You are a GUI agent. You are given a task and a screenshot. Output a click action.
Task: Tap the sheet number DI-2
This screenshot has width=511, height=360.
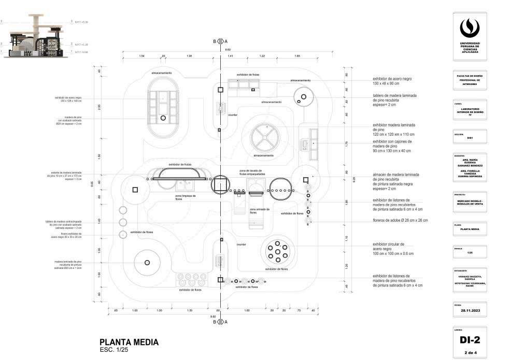[x=469, y=340]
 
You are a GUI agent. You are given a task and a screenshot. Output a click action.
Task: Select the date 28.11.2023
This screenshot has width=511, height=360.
[x=469, y=310]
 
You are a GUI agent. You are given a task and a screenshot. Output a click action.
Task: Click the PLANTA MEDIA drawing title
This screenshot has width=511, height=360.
[x=129, y=342]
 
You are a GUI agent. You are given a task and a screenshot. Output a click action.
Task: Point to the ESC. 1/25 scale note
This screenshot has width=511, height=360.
[x=114, y=350]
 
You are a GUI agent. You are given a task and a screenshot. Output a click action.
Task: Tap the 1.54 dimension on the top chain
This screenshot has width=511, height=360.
[x=141, y=55]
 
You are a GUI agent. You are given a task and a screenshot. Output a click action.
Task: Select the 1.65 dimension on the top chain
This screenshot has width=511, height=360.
[x=297, y=55]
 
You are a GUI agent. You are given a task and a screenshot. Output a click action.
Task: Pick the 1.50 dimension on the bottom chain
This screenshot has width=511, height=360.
[x=190, y=310]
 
